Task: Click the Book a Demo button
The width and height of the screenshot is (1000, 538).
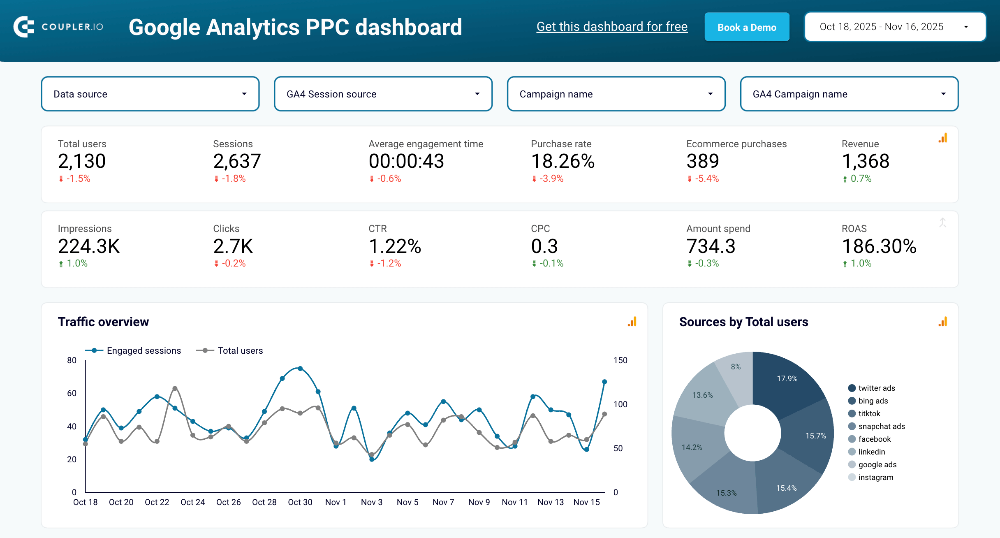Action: click(747, 27)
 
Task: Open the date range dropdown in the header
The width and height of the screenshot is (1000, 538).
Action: click(895, 27)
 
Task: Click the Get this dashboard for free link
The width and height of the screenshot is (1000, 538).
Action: click(612, 27)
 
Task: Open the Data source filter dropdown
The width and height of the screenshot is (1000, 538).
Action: click(150, 94)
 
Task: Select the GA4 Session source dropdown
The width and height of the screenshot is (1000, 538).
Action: click(383, 94)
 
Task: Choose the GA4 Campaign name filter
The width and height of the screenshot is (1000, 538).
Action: click(849, 94)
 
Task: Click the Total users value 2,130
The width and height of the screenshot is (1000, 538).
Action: click(82, 161)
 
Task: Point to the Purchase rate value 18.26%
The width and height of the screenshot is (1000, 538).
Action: click(562, 161)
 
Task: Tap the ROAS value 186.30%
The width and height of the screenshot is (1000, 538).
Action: click(879, 246)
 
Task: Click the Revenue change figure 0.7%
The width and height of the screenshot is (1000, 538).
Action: click(861, 179)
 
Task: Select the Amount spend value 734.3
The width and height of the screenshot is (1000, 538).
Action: click(711, 246)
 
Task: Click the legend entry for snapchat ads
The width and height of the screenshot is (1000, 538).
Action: click(881, 427)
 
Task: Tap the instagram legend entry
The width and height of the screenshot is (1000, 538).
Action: click(875, 478)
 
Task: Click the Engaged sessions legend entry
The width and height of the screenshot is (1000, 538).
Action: click(143, 351)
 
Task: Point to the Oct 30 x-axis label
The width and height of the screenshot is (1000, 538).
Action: click(300, 502)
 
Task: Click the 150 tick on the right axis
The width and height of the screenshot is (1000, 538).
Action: click(620, 361)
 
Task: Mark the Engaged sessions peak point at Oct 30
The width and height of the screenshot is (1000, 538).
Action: click(300, 369)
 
